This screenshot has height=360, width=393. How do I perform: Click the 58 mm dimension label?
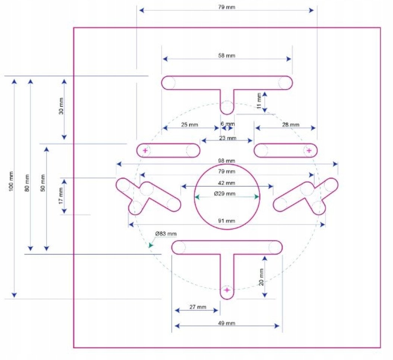point(227,56)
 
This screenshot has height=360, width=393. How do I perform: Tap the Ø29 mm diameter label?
point(224,193)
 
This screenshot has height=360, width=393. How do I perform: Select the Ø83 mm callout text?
point(166,234)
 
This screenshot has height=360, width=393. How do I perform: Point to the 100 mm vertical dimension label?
point(11,181)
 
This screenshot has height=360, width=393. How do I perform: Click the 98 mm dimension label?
point(227,161)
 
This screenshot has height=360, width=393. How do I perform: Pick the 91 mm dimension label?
point(227,221)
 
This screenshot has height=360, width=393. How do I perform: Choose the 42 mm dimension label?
point(227,183)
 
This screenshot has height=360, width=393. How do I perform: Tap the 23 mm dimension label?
point(227,138)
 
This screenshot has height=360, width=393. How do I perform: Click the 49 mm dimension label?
point(227,323)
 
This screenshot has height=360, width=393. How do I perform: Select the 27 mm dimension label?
point(198,307)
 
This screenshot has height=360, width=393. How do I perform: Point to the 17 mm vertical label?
point(61,196)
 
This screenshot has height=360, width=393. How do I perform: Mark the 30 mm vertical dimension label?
point(61,106)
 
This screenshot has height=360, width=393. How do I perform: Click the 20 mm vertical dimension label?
point(261,277)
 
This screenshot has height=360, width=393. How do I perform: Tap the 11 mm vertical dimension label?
point(259,101)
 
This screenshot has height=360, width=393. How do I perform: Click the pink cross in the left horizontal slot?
point(145,151)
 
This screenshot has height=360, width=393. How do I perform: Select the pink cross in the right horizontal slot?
point(309,151)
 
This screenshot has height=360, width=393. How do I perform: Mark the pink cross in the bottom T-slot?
point(227,290)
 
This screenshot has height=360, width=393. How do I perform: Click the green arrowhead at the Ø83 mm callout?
point(150,245)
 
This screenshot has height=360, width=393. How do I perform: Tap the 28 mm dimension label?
point(291,124)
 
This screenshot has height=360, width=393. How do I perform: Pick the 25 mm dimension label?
point(189,124)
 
